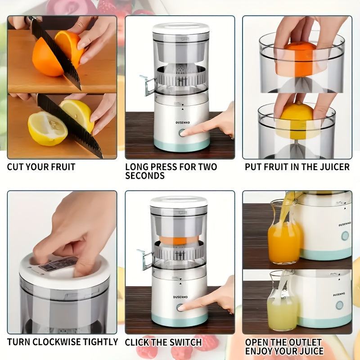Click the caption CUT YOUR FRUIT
(41, 167)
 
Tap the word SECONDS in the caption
(144, 176)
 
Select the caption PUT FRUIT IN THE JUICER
(297, 167)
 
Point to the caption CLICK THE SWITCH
(163, 342)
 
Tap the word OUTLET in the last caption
(302, 342)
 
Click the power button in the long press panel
(182, 133)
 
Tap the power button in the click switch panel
(180, 307)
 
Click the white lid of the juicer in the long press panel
(181, 28)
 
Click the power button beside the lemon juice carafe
(339, 305)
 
